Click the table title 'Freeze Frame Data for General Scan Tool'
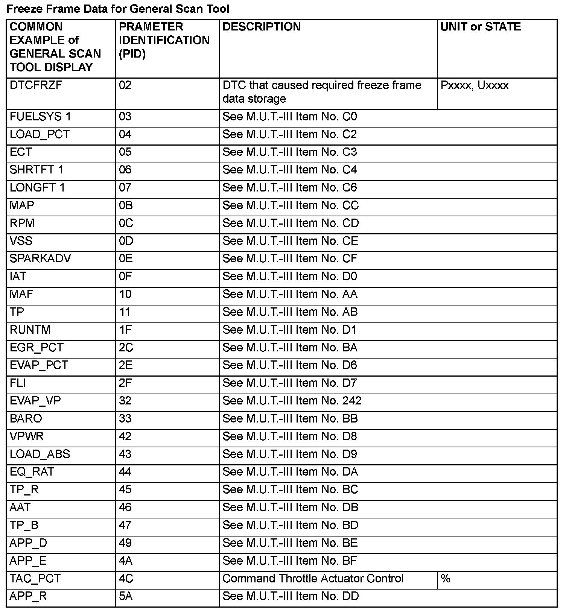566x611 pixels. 118,9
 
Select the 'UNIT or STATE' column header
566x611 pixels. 481,27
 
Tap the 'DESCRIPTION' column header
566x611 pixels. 262,27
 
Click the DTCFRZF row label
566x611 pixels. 36,85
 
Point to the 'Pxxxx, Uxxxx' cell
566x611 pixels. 475,85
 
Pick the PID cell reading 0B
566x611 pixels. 126,205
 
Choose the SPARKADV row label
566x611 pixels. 40,259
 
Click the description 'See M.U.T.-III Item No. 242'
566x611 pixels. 292,401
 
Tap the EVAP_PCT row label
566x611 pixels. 39,365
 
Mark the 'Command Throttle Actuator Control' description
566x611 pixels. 313,579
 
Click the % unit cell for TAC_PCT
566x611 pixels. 446,579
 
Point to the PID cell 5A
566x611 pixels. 126,596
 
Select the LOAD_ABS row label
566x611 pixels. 40,454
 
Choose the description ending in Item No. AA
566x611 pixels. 290,294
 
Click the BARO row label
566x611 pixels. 26,419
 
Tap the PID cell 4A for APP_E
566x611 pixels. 126,561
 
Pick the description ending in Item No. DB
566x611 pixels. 290,508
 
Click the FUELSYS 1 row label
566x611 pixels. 40,117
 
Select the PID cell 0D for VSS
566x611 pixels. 126,241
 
